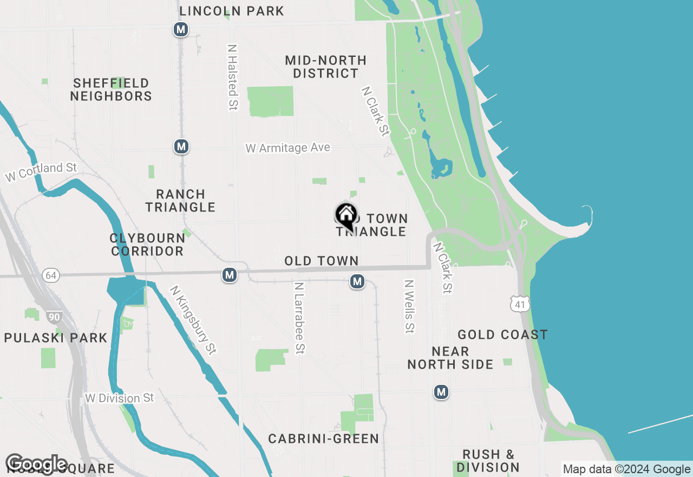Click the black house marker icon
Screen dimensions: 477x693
[346, 216]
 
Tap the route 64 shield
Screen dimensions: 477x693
[51, 275]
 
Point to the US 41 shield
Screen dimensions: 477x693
[520, 304]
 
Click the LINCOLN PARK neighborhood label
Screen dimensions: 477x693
[232, 11]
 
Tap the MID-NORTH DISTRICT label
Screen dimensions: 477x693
[325, 67]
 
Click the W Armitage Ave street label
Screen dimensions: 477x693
[287, 147]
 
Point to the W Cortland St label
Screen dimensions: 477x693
[41, 172]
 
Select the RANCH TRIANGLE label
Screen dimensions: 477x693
[180, 201]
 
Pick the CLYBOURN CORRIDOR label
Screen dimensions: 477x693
[147, 244]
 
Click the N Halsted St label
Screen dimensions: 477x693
[233, 78]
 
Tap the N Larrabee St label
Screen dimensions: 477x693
[299, 318]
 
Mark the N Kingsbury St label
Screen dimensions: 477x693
[193, 320]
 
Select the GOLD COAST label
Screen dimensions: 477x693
[502, 334]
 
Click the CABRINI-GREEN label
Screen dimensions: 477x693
[324, 439]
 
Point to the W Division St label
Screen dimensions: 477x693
[120, 398]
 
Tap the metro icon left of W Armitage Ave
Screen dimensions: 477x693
[181, 146]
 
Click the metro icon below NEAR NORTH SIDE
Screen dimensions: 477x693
[441, 392]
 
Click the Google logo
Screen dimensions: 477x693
[37, 464]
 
